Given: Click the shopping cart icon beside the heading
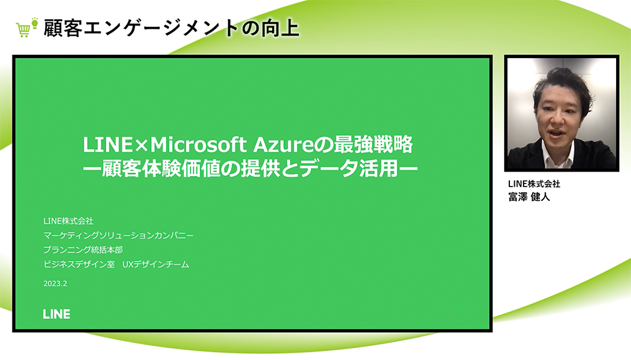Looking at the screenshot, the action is click(23, 31).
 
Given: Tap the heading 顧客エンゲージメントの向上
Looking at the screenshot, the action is click(171, 28).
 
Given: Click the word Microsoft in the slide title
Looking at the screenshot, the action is click(198, 144).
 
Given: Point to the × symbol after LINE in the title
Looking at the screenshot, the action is click(141, 145).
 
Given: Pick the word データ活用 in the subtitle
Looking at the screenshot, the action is click(350, 169).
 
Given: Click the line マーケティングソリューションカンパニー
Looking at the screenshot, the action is click(119, 235).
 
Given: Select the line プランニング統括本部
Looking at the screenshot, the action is click(83, 250).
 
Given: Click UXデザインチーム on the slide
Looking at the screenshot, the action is click(156, 265).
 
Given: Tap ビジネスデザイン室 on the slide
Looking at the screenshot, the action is click(79, 265).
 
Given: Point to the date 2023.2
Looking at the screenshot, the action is click(55, 284).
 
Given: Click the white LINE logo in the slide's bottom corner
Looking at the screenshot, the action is click(56, 314).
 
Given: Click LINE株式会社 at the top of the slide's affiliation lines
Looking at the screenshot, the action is click(69, 221).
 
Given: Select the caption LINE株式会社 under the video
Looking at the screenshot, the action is click(534, 184).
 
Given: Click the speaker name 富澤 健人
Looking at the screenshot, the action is click(529, 197).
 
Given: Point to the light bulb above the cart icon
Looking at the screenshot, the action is click(34, 23).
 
